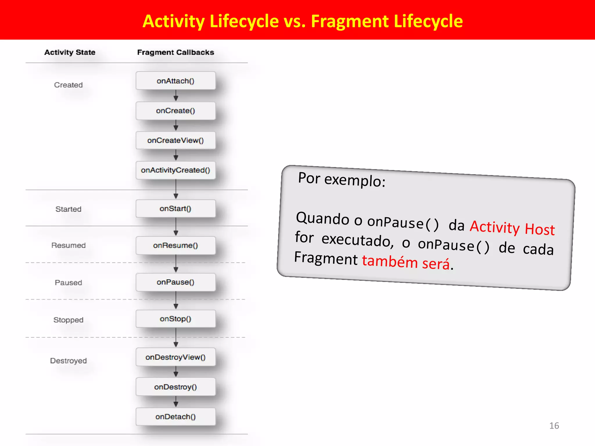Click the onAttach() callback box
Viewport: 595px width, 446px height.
[175, 81]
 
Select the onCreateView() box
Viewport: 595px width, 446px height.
[175, 140]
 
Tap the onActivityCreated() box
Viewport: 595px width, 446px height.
[175, 170]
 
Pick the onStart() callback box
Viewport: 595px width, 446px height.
[175, 208]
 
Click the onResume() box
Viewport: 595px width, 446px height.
[175, 245]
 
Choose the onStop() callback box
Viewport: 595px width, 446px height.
[175, 319]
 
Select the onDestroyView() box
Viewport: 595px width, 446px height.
[175, 357]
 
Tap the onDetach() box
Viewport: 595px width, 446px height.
[175, 417]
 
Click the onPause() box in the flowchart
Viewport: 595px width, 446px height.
[175, 282]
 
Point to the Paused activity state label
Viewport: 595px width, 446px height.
[68, 283]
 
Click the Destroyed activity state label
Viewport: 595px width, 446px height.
[68, 361]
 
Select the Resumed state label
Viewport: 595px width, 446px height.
[68, 245]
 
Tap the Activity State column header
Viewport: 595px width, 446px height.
[70, 52]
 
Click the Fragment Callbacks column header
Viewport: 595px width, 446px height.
[175, 52]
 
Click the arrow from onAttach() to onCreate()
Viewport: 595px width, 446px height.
[176, 96]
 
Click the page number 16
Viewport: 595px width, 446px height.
[554, 426]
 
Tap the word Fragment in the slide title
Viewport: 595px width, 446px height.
[350, 21]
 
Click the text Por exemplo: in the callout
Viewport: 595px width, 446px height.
[342, 179]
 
